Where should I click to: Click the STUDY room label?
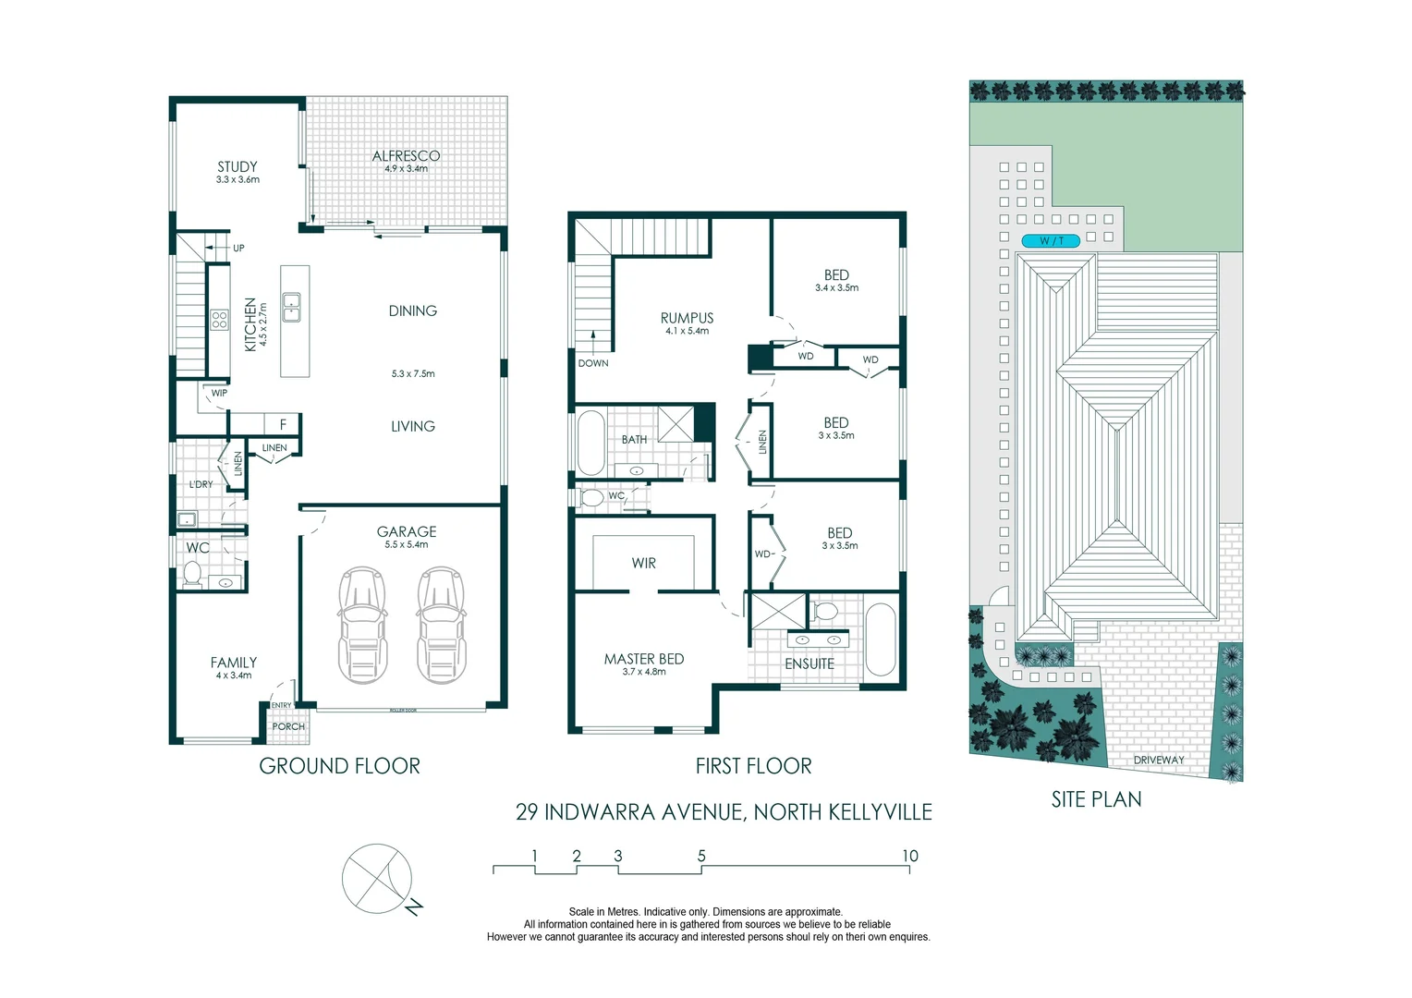(x=237, y=166)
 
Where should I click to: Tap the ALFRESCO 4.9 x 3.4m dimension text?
(x=406, y=169)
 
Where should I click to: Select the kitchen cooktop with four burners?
(x=219, y=320)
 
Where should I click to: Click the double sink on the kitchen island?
(x=291, y=307)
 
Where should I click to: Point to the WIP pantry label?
(x=219, y=393)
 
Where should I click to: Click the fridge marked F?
(x=283, y=424)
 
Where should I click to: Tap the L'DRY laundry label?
(x=201, y=484)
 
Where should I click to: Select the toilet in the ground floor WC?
(x=192, y=575)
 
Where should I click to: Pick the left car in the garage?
(x=362, y=624)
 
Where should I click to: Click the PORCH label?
(x=288, y=726)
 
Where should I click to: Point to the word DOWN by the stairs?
(x=593, y=363)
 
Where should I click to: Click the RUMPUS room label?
(x=688, y=318)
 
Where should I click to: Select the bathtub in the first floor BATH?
(x=590, y=443)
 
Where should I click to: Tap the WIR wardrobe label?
(x=643, y=563)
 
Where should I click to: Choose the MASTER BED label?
(x=643, y=659)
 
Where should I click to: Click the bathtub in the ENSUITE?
(x=881, y=639)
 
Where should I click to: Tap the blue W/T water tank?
(x=1051, y=241)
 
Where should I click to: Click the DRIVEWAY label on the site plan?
(x=1159, y=760)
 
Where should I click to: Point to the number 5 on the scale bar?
(x=701, y=856)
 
